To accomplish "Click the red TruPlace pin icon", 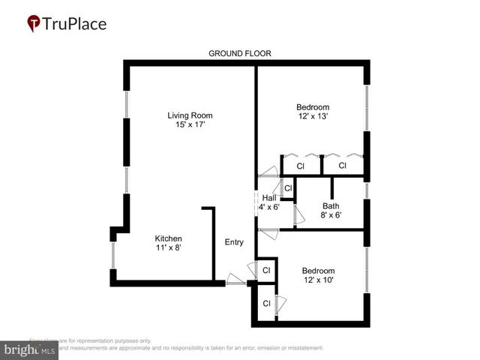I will click(x=34, y=24).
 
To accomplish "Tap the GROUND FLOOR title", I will click(x=239, y=53).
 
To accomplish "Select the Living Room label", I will click(x=190, y=115).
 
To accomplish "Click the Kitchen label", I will click(x=169, y=238).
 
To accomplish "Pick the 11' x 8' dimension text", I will click(x=169, y=247).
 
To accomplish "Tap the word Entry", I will click(x=234, y=242).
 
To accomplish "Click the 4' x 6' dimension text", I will click(x=269, y=207).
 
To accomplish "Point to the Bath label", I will click(x=331, y=206).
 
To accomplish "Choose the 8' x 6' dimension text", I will click(x=331, y=215).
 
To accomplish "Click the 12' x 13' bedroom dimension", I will click(x=313, y=116).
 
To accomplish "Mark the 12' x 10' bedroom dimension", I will click(x=318, y=280).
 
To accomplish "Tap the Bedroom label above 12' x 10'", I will click(x=318, y=271).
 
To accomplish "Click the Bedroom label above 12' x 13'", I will click(x=313, y=107).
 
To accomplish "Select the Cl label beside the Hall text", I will click(x=287, y=187).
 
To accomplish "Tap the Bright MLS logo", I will click(x=30, y=349).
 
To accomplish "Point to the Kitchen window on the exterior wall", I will click(x=113, y=255).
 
